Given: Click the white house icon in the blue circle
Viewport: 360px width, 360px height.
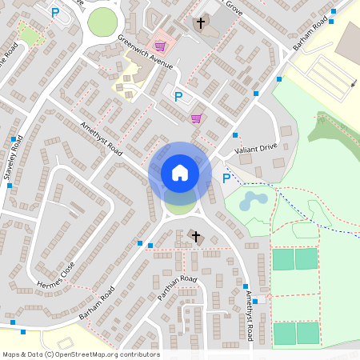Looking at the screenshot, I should [x=180, y=172].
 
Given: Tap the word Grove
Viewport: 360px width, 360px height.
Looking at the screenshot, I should [x=233, y=7].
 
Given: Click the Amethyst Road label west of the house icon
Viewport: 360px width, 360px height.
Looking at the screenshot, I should [x=101, y=138].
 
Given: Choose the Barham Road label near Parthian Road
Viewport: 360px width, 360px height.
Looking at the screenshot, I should [x=97, y=302].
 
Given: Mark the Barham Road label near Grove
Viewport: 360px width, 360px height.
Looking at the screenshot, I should [x=310, y=35].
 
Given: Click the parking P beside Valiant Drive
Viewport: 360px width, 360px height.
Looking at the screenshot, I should [x=226, y=178].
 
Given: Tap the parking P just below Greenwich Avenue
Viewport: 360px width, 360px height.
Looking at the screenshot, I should [x=178, y=97].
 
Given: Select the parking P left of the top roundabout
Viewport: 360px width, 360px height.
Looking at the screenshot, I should [x=55, y=12].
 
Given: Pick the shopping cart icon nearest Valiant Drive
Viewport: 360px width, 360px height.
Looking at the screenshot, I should [x=195, y=118].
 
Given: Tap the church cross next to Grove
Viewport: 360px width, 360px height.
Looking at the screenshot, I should [x=202, y=22].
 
